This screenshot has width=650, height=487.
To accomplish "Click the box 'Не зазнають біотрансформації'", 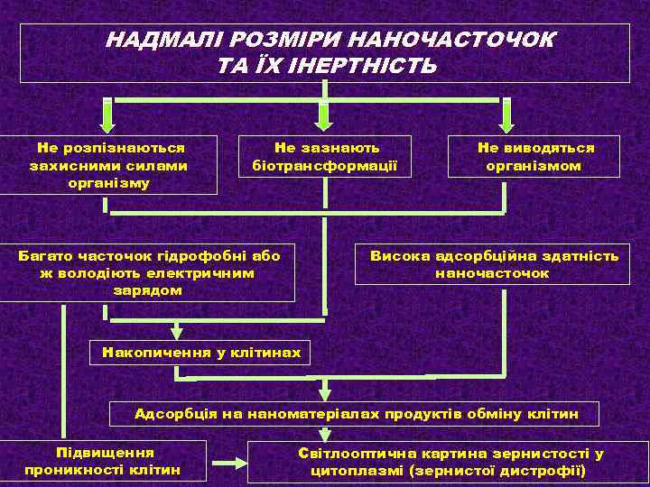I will [325, 156].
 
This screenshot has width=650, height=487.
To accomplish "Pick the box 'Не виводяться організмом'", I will [535, 156].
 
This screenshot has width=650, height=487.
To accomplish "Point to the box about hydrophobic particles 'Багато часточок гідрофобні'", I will [148, 272].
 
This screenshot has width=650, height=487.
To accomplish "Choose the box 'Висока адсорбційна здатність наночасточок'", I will [493, 263].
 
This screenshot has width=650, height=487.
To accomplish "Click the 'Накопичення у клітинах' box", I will [201, 352].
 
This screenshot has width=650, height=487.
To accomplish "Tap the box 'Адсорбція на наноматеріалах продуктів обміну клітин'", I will [355, 414].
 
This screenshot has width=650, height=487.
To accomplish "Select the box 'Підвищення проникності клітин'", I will [103, 460].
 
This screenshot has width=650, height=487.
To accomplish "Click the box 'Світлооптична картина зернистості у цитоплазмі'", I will [449, 462].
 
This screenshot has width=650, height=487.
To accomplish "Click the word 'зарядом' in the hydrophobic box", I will [148, 290].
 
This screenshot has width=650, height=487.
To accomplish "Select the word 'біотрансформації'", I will [325, 165].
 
